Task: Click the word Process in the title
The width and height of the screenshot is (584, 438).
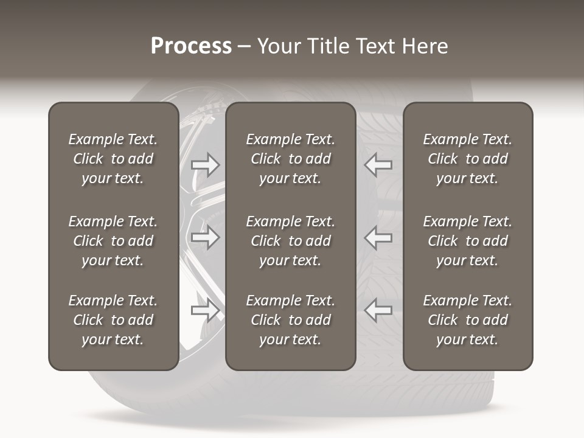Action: tap(191, 46)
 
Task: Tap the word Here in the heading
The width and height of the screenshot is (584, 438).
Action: tap(425, 46)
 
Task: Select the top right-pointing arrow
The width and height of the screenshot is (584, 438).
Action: tap(205, 164)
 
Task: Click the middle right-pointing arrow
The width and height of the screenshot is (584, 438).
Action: tap(205, 237)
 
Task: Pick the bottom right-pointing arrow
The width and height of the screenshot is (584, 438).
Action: tap(205, 310)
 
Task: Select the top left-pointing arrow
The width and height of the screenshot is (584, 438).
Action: tap(378, 164)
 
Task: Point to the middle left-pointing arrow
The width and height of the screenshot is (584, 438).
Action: tap(378, 237)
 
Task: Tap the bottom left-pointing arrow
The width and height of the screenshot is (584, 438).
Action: tap(378, 310)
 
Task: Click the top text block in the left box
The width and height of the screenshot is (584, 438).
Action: tap(113, 159)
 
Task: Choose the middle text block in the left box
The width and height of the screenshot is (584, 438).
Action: tap(113, 241)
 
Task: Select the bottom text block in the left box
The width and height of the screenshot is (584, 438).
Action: tap(113, 320)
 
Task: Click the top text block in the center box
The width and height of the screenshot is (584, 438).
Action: tap(291, 159)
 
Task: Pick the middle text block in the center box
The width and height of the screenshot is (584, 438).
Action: tap(291, 241)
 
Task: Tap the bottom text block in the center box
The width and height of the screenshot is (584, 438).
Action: tap(291, 320)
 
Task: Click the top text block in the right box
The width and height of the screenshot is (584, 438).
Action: tap(468, 159)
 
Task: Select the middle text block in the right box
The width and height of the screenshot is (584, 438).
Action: tap(468, 241)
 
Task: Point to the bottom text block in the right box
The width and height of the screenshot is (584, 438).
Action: tap(468, 320)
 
